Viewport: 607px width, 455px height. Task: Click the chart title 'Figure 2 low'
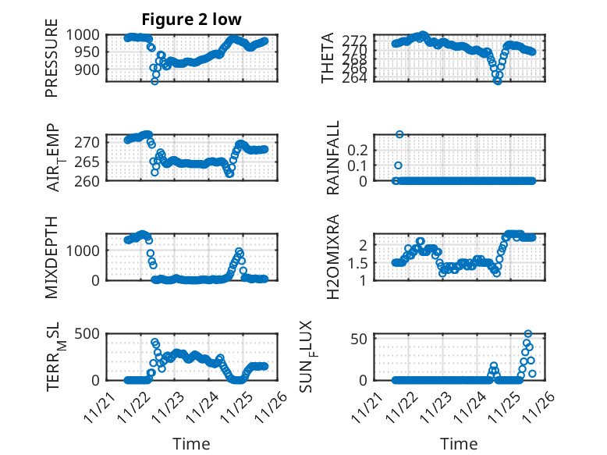tap(191, 20)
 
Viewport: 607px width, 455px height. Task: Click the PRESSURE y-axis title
tap(51, 63)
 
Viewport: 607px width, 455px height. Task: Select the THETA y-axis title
tap(328, 59)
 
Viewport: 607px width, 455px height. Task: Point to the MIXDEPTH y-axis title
tap(51, 256)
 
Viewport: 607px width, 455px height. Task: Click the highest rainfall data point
tap(399, 134)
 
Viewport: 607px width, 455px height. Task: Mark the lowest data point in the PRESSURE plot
tap(154, 81)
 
